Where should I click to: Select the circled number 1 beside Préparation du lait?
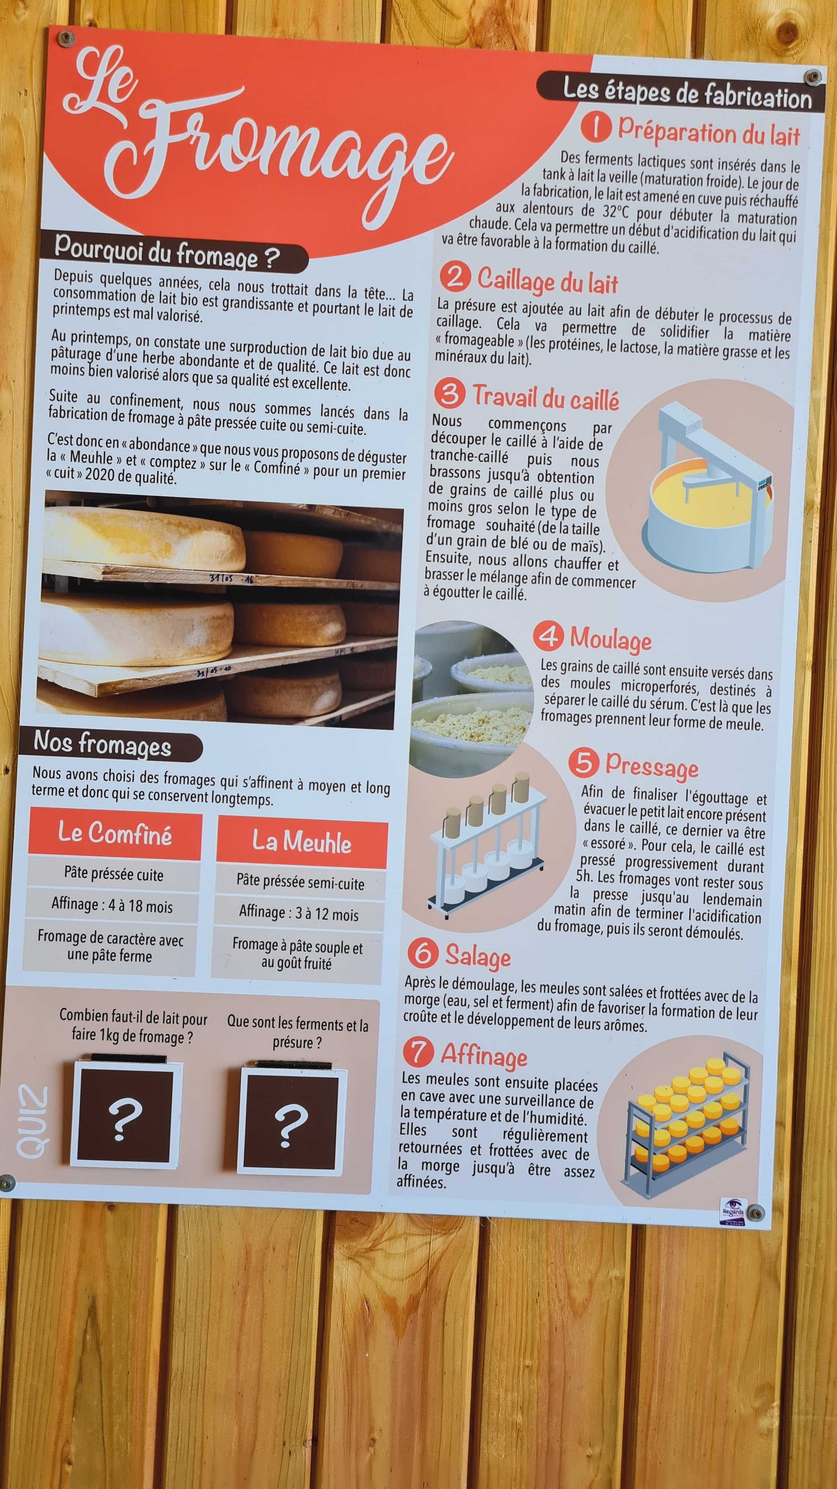click(596, 127)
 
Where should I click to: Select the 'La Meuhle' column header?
click(302, 842)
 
